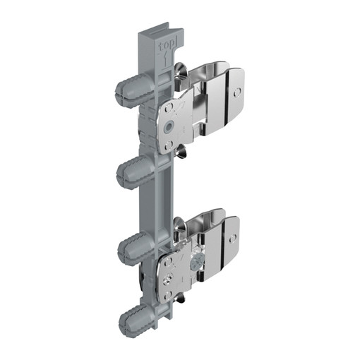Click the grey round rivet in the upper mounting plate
point(169,126)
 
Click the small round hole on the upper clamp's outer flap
point(237,92)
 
